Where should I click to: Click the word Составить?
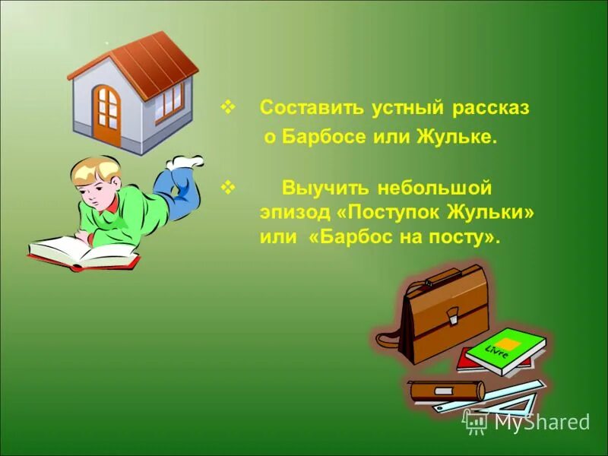[312, 108]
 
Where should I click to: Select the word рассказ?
[491, 108]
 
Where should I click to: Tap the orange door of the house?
[107, 115]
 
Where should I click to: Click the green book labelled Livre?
[505, 350]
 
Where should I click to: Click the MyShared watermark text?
[541, 421]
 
